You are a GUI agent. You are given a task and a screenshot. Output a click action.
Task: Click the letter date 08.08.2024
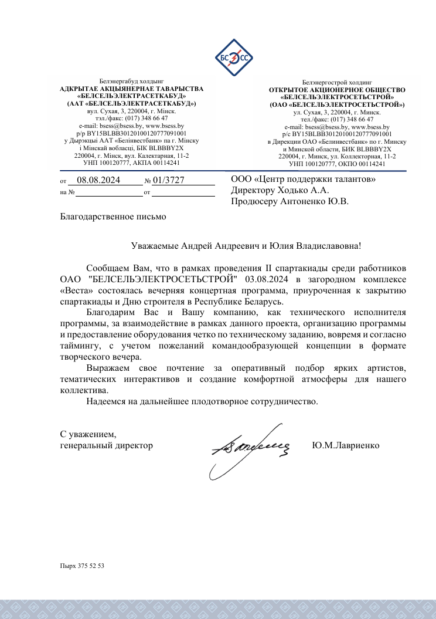pyautogui.click(x=98, y=181)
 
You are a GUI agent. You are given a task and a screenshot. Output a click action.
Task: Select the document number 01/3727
pyautogui.click(x=169, y=181)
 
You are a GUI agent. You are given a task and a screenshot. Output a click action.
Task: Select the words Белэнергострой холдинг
pyautogui.click(x=332, y=83)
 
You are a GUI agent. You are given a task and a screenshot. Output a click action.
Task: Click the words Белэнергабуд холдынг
pyautogui.click(x=131, y=82)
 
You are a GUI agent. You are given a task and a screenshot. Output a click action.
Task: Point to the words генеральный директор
pyautogui.click(x=107, y=445)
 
